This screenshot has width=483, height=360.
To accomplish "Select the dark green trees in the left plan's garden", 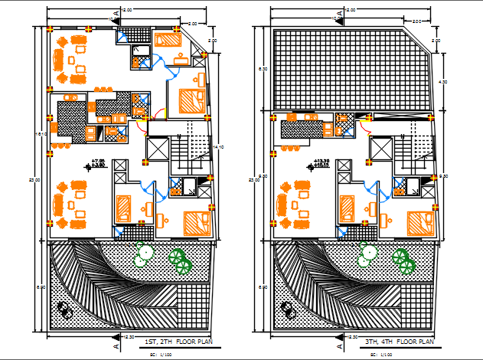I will [181, 260].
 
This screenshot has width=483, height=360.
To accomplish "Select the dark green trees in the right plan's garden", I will [403, 260].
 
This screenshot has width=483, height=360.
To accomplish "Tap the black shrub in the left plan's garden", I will [65, 309].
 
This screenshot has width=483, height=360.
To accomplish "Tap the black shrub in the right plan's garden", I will [289, 309].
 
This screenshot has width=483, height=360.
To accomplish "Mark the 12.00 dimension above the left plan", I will [127, 9].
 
